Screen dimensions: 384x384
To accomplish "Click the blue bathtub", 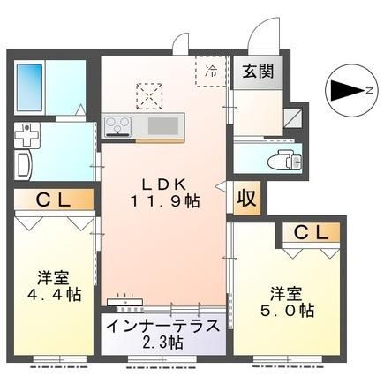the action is point(30,87).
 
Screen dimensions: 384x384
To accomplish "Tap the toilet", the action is point(284,160).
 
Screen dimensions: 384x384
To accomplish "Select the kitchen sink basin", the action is point(163,126).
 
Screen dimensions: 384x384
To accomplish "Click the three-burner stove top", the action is point(118,126).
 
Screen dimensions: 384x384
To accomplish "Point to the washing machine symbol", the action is point(27,135).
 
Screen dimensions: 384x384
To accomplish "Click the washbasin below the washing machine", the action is point(24,165).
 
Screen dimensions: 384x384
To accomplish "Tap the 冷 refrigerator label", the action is point(212,71).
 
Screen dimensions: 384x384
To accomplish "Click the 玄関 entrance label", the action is point(258,71).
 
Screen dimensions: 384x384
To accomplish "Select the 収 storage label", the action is point(246,198).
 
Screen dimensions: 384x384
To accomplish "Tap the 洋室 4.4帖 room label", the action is point(54,286).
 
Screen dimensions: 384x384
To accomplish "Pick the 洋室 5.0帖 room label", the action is point(287,302).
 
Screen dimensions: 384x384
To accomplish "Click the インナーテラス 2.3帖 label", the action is point(163,334).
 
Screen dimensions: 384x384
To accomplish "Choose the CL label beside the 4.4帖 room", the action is point(53,200).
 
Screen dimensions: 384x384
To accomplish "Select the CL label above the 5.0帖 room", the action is point(311,233).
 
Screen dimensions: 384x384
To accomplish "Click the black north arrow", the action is point(348,91).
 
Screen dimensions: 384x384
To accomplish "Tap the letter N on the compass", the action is point(370,91).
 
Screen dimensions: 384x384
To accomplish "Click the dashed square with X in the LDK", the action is point(149,96).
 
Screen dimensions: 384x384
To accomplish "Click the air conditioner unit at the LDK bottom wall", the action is point(125,301).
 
